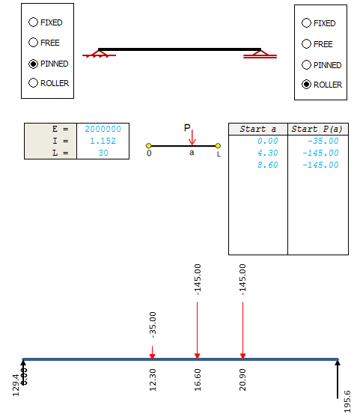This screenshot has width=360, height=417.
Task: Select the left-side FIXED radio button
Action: (x=33, y=22)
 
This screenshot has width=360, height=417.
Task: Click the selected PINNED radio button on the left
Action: (x=33, y=64)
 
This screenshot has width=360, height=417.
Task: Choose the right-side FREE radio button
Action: (x=306, y=44)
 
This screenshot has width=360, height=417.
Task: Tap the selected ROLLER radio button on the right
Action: (x=306, y=85)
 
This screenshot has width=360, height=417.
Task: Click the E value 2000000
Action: (x=103, y=129)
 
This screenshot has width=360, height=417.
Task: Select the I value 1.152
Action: (x=103, y=141)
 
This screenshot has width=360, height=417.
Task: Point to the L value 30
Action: (x=103, y=153)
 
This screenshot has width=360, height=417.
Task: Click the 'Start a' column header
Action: (x=258, y=129)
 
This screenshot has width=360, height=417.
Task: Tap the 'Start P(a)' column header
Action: (x=317, y=129)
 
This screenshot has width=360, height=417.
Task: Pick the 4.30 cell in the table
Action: (x=268, y=153)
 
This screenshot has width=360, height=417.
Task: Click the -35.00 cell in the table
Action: (x=323, y=141)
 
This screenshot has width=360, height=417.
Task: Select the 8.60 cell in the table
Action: (x=268, y=165)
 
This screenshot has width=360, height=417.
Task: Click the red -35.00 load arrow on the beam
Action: (x=153, y=353)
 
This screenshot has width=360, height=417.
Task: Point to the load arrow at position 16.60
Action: (x=198, y=331)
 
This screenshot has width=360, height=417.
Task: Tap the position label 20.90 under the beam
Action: (x=242, y=380)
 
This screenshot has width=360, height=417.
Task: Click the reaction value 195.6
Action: (x=347, y=401)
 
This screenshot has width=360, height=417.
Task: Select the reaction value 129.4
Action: (x=16, y=386)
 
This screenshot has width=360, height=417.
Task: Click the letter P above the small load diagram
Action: (x=187, y=128)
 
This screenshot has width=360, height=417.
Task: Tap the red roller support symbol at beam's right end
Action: (x=260, y=54)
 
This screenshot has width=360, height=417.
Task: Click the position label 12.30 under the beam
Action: (x=153, y=380)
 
